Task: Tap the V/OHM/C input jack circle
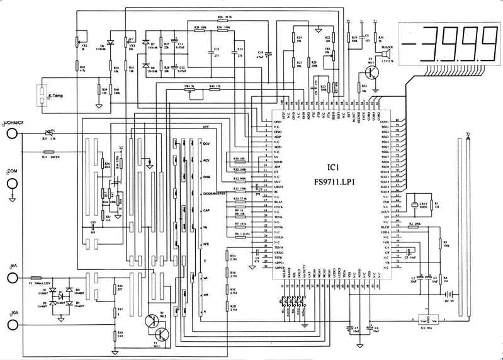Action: [11, 133]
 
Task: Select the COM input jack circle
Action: [11, 184]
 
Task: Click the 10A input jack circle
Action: [11, 324]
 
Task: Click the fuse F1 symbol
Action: [35, 278]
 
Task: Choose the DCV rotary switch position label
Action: [205, 144]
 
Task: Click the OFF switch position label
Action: [205, 127]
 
